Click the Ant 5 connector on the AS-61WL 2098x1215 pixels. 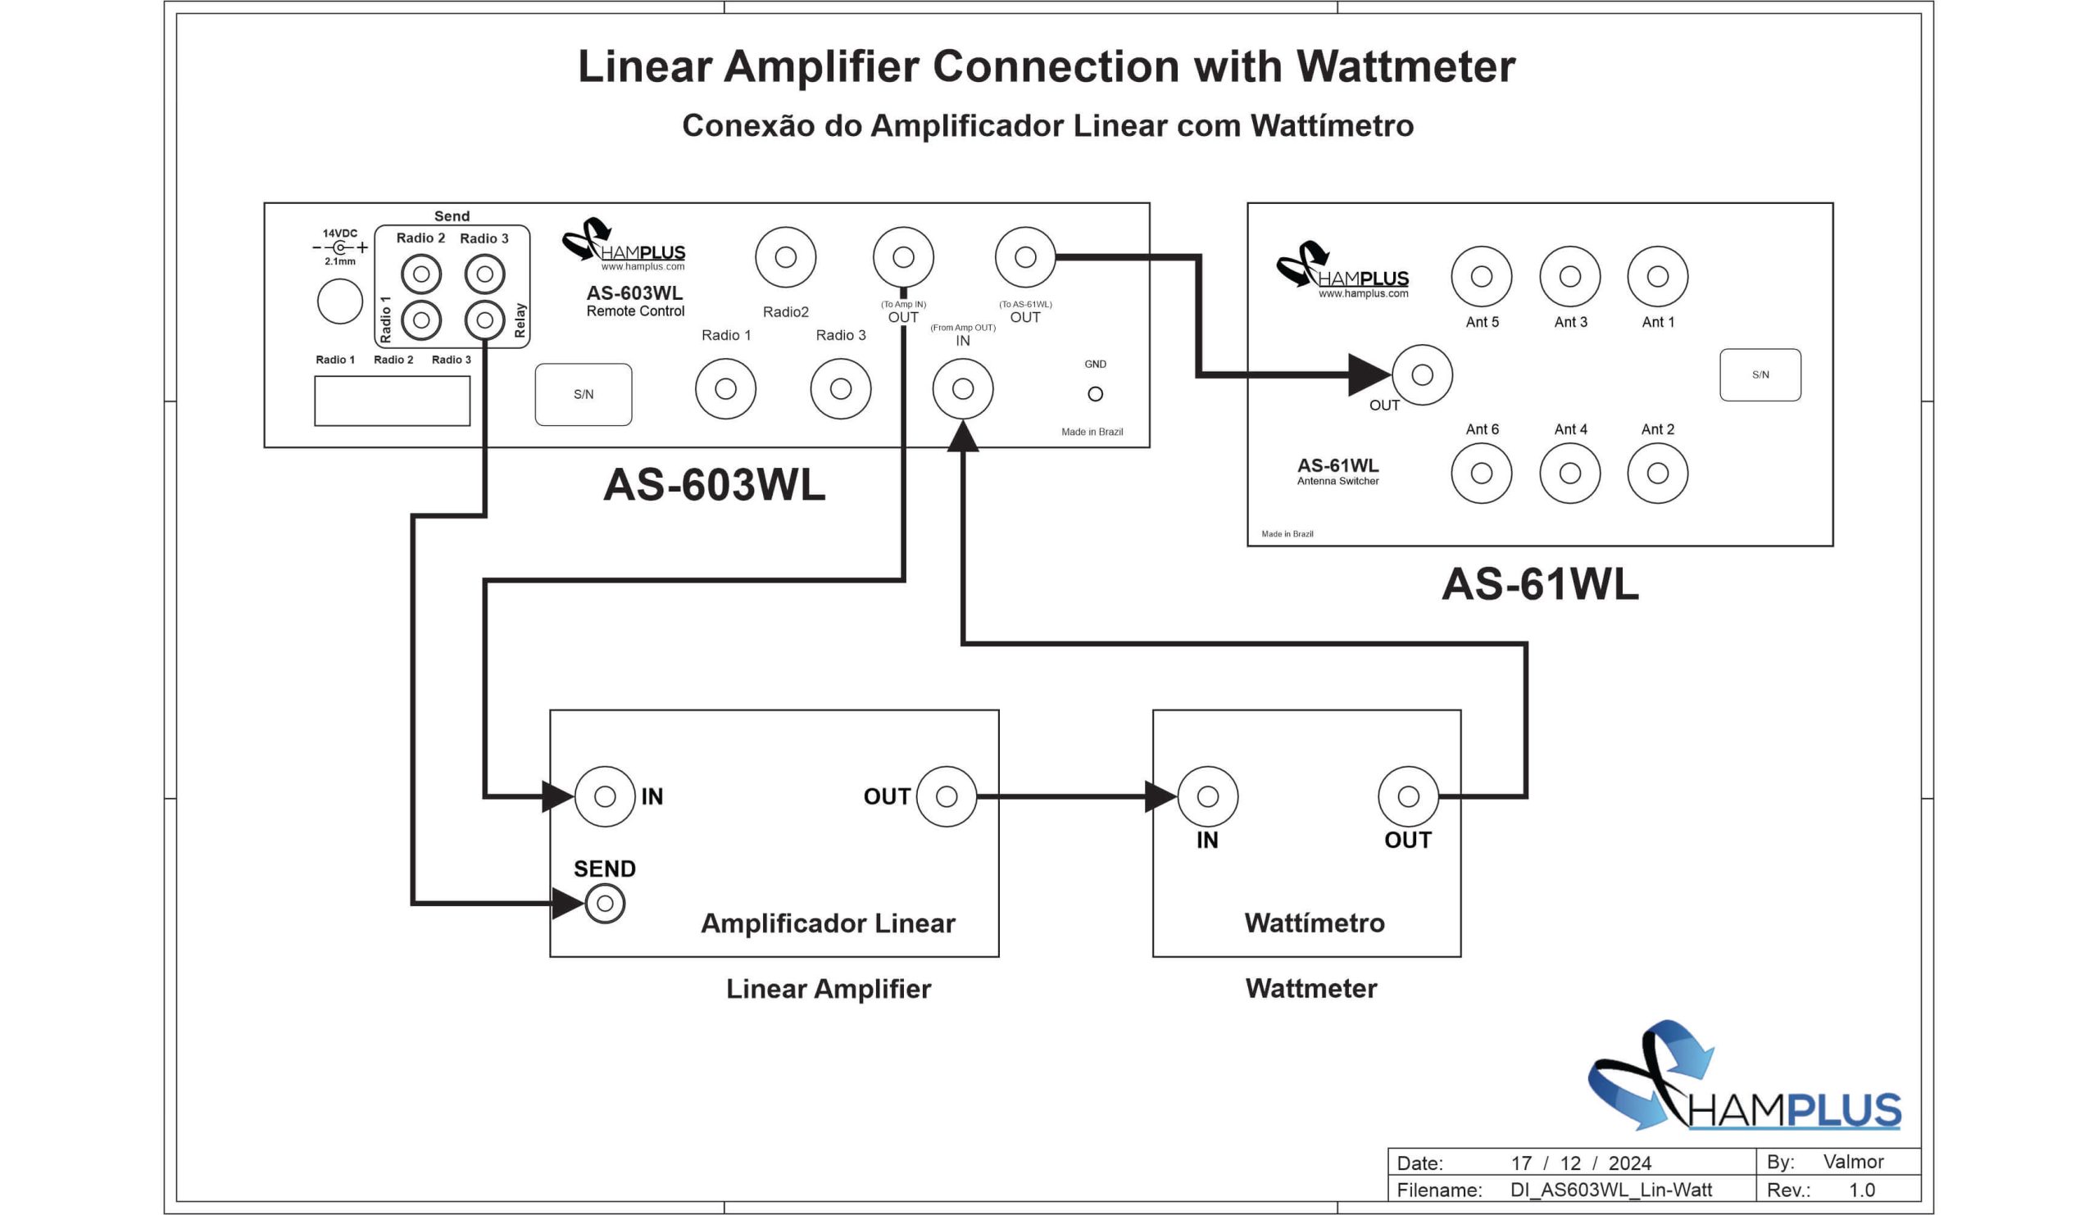click(x=1481, y=276)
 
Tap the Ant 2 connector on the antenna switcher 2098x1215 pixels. click(x=1658, y=474)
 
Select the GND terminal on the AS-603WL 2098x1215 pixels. click(x=1096, y=394)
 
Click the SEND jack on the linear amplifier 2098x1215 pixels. click(x=606, y=904)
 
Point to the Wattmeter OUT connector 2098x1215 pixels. click(x=1409, y=796)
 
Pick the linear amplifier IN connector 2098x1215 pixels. click(x=606, y=796)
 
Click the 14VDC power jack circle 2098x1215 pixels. click(x=339, y=301)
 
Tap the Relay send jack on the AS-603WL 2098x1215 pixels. click(x=484, y=320)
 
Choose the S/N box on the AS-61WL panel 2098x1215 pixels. click(x=1760, y=375)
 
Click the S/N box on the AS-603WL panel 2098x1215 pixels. click(x=584, y=394)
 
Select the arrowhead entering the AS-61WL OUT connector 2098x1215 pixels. click(x=1369, y=375)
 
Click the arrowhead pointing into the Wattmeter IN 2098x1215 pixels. click(x=1160, y=796)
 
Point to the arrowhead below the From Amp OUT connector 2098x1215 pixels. click(x=963, y=437)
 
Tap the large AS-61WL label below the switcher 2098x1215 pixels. click(x=1540, y=584)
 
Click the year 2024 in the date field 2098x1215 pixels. click(x=1629, y=1163)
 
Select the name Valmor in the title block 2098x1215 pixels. click(x=1853, y=1162)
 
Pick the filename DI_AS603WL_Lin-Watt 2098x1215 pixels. click(x=1611, y=1190)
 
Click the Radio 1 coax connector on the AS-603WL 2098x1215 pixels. click(x=726, y=388)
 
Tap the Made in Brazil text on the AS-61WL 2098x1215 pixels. click(x=1287, y=534)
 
